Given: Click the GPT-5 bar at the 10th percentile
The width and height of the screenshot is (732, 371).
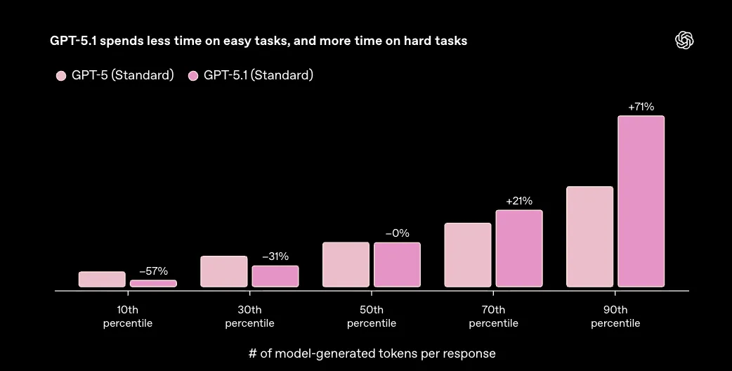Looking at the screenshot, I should (x=102, y=279).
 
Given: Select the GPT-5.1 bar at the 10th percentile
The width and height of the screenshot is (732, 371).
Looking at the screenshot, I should (x=153, y=283).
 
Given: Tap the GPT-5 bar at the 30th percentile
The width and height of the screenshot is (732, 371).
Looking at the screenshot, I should (x=223, y=271).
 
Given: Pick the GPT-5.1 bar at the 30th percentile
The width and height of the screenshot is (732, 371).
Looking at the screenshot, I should (x=275, y=276).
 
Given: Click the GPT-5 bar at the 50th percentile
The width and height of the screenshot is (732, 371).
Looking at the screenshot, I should (x=346, y=264).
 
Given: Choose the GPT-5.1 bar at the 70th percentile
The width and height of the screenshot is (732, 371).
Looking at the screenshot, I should (x=519, y=248).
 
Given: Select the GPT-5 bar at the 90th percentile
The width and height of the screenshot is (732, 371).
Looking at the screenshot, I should (x=589, y=236).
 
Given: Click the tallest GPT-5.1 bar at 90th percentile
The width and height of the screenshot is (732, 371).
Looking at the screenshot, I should (x=641, y=201).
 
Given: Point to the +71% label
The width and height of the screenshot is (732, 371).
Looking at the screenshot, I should (x=641, y=108).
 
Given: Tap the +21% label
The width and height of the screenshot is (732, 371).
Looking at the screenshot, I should (x=519, y=202).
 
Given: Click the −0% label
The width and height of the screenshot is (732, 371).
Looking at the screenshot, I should (x=397, y=233).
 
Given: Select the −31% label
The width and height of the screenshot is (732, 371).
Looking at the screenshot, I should (x=275, y=256).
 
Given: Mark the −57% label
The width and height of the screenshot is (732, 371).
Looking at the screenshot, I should (x=153, y=271).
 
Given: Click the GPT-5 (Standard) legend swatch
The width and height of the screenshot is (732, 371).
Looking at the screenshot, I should (x=61, y=76).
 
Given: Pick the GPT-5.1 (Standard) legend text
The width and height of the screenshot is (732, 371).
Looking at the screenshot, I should (x=258, y=76).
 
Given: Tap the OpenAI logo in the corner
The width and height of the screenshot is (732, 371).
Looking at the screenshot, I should (x=684, y=41).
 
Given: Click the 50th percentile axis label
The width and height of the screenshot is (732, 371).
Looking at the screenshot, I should (x=371, y=316).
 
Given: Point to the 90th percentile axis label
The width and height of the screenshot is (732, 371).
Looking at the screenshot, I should (x=615, y=316).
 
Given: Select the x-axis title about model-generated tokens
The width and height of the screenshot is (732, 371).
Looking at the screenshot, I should (x=372, y=353).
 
